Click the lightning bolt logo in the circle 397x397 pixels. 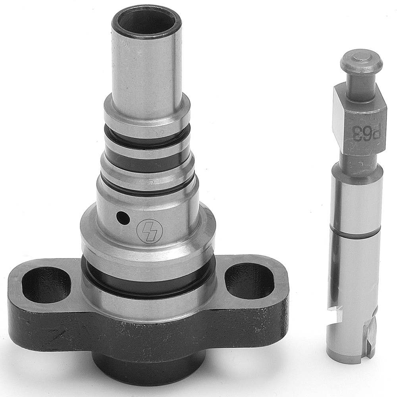150,230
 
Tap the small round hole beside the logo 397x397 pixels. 123,218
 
